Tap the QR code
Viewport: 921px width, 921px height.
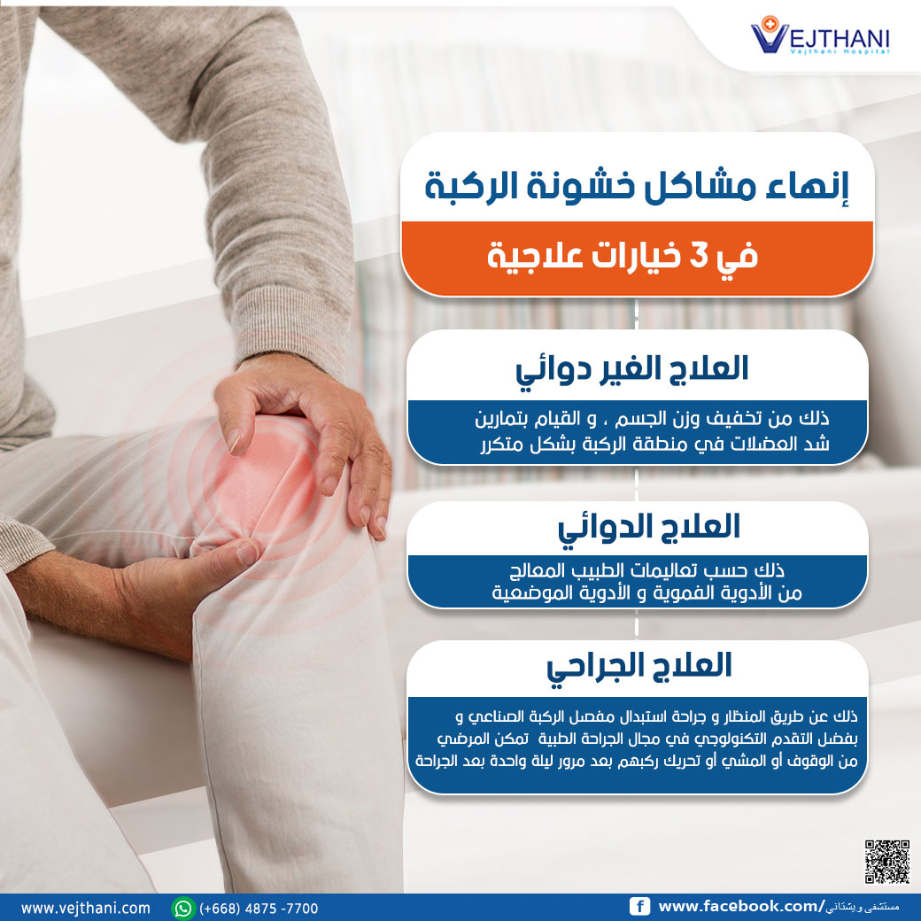(x=887, y=862)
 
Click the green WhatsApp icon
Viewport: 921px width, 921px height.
(x=183, y=908)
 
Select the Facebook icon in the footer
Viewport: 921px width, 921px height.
(x=639, y=906)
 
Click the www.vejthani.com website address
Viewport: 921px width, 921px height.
(x=86, y=908)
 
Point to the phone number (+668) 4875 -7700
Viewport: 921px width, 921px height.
(x=259, y=909)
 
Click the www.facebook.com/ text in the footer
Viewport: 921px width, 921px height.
(x=740, y=906)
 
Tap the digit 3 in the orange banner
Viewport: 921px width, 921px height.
(x=699, y=257)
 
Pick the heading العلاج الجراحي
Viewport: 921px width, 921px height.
(x=639, y=667)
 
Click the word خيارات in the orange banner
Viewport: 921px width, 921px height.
(x=635, y=257)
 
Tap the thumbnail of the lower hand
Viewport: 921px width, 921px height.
(x=247, y=552)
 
